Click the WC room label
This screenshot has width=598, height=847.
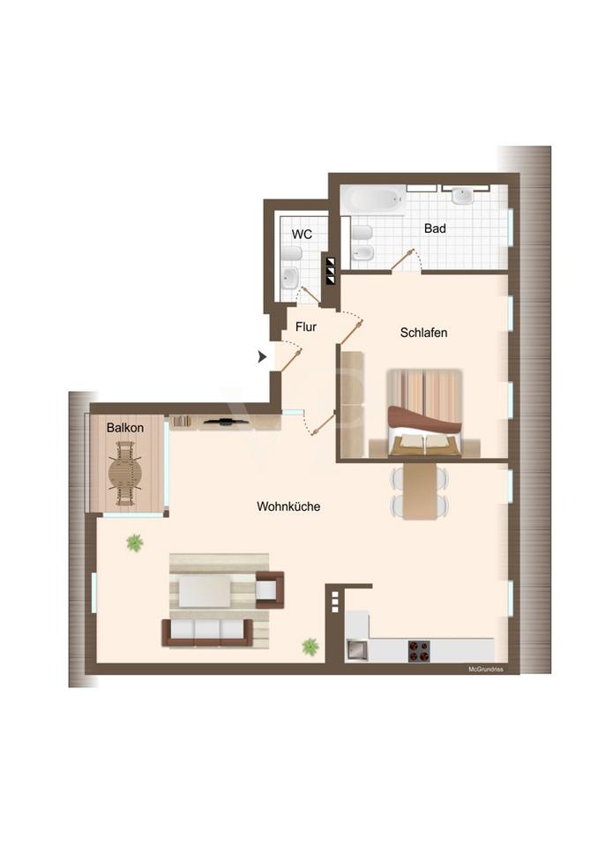pyautogui.click(x=302, y=235)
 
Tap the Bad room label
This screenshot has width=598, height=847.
pyautogui.click(x=435, y=229)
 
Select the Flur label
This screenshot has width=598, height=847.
pyautogui.click(x=306, y=326)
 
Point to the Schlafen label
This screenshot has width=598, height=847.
pyautogui.click(x=423, y=333)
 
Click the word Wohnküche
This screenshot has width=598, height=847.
pyautogui.click(x=288, y=506)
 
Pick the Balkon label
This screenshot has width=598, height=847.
pyautogui.click(x=124, y=428)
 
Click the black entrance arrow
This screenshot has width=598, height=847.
pyautogui.click(x=263, y=356)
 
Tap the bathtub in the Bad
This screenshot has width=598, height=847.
pyautogui.click(x=374, y=199)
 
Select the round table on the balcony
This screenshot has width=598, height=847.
pyautogui.click(x=125, y=474)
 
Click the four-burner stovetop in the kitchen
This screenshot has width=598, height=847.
pyautogui.click(x=419, y=651)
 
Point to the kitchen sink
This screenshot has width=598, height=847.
pyautogui.click(x=356, y=650)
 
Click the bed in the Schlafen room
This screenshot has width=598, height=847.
pyautogui.click(x=424, y=413)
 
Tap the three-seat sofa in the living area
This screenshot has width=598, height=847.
pyautogui.click(x=207, y=633)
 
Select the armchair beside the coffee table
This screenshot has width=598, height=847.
pyautogui.click(x=270, y=589)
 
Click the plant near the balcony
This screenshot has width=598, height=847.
pyautogui.click(x=135, y=543)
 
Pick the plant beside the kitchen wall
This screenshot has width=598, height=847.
pyautogui.click(x=310, y=646)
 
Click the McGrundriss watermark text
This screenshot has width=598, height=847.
pyautogui.click(x=486, y=670)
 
